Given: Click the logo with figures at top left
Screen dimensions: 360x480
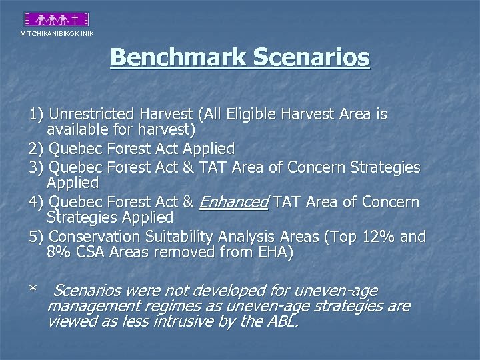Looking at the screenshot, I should [56, 19].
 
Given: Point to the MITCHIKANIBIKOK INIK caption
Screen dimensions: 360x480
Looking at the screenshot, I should [57, 34].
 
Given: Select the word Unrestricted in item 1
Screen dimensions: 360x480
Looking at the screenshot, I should [94, 115].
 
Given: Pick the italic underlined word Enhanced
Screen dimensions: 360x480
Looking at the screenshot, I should [233, 202].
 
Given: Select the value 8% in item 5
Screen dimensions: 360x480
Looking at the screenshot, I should [61, 253].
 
